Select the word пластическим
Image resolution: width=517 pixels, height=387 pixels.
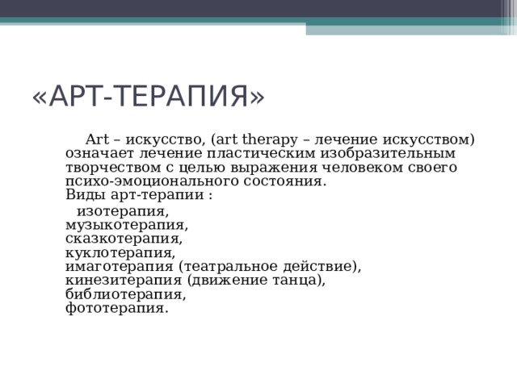point(252,152)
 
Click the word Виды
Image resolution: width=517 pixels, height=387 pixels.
point(82,196)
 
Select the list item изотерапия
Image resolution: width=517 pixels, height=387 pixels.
point(122,212)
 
